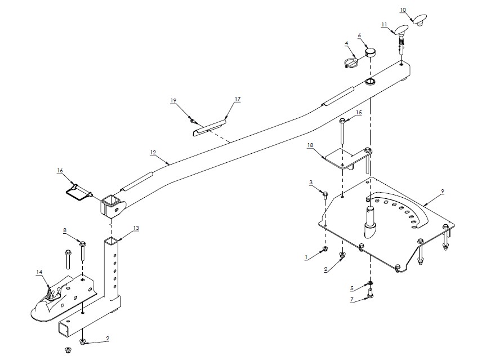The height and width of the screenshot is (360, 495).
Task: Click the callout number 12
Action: click(x=153, y=152)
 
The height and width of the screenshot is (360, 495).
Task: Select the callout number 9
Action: click(x=443, y=192)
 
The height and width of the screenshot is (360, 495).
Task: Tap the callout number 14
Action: click(x=39, y=272)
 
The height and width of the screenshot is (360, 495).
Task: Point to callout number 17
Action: click(x=238, y=99)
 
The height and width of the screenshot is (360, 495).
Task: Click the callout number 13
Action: click(x=136, y=228)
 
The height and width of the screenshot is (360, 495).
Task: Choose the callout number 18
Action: click(x=310, y=145)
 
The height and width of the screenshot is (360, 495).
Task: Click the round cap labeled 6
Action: click(x=369, y=53)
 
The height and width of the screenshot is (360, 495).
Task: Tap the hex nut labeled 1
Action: click(x=326, y=250)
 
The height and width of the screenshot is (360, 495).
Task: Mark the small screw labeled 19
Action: click(x=193, y=121)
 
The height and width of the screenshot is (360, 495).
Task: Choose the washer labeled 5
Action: click(x=369, y=283)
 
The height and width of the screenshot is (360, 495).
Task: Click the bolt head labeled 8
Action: click(x=83, y=245)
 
